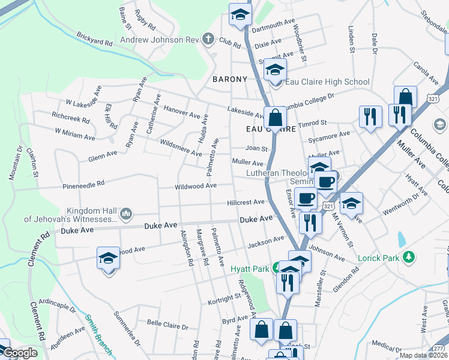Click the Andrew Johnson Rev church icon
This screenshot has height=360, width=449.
click(x=208, y=40)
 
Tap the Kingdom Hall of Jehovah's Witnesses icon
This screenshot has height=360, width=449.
click(x=126, y=213)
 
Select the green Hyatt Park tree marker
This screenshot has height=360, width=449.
click(x=277, y=268)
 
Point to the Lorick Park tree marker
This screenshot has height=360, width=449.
click(x=409, y=257)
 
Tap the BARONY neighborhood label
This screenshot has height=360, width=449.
click(x=230, y=79)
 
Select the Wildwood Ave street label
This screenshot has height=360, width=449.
click(x=196, y=187)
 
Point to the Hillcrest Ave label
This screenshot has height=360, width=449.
click(x=246, y=203)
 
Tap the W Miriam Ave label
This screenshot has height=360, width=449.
click(x=75, y=133)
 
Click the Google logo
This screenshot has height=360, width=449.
click(x=20, y=353)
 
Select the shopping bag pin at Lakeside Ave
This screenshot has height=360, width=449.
click(x=275, y=118)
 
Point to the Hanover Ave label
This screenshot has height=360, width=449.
click(x=182, y=112)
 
